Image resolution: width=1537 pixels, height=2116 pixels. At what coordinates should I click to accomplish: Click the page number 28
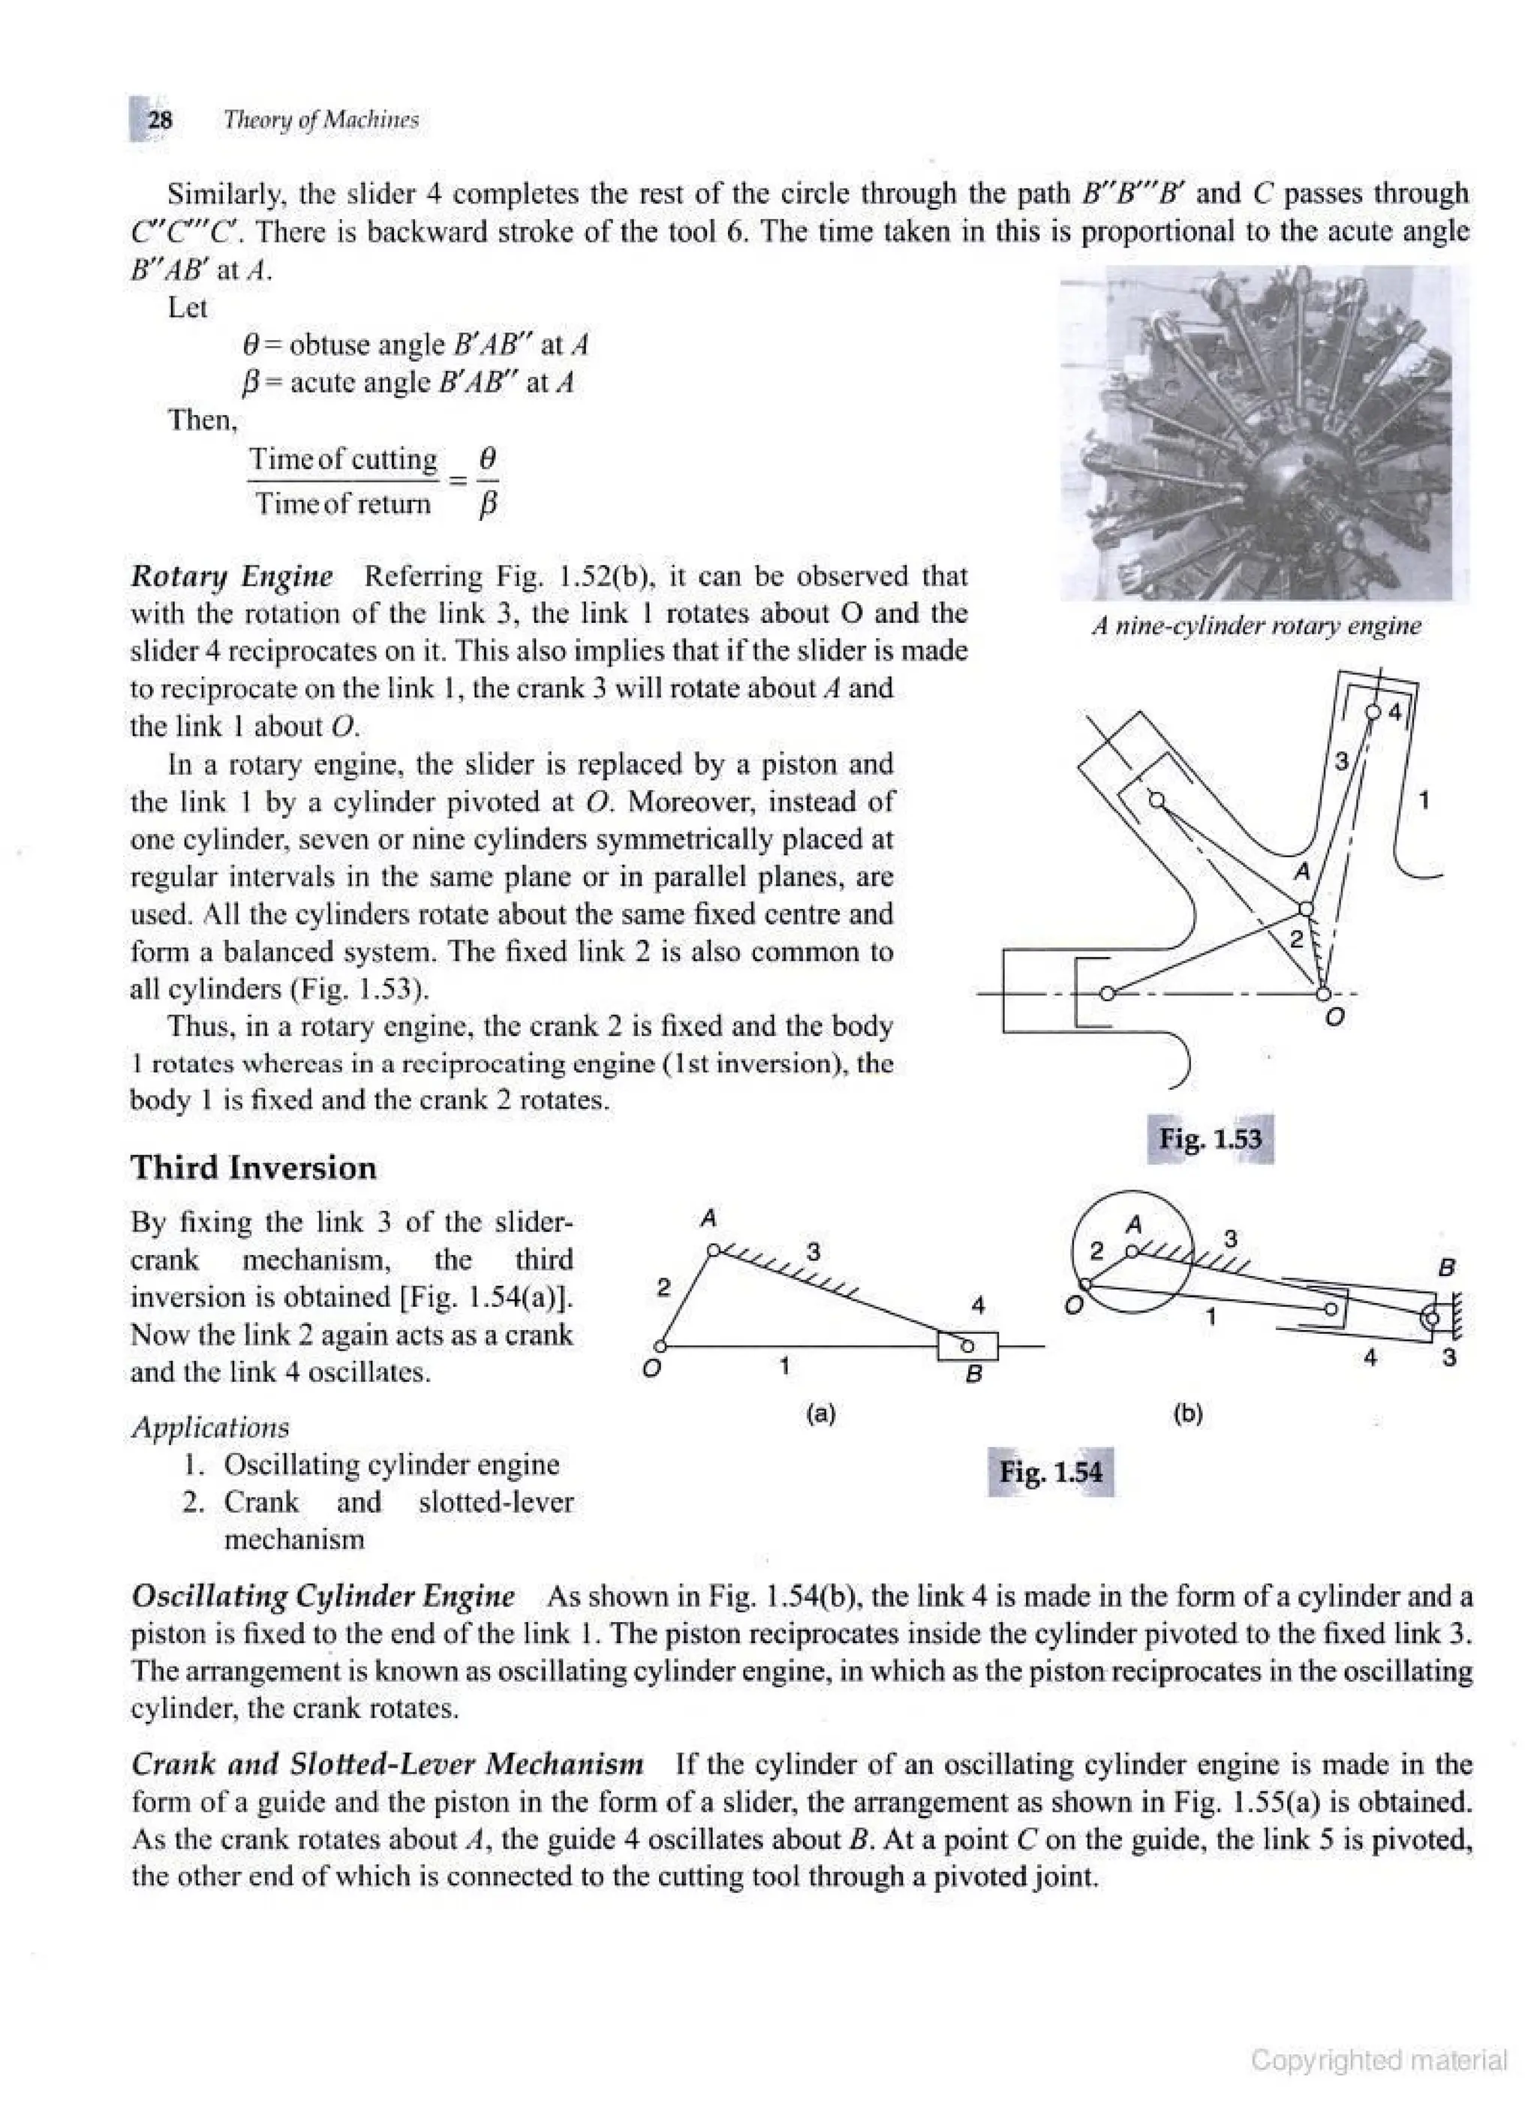tap(160, 119)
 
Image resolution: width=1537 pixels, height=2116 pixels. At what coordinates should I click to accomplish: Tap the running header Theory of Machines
tap(320, 119)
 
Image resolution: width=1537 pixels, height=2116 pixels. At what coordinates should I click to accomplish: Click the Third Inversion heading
tap(253, 1167)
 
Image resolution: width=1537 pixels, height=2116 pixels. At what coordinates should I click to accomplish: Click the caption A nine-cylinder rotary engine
tap(1256, 625)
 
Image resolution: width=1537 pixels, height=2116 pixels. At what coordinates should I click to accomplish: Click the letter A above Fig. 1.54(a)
tap(708, 1218)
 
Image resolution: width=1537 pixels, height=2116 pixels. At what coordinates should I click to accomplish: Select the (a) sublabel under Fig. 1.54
tap(821, 1413)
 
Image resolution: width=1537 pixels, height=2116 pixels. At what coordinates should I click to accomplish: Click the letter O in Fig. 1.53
tap(1334, 1016)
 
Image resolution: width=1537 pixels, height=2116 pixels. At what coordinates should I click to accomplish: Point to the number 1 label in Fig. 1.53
tap(1423, 799)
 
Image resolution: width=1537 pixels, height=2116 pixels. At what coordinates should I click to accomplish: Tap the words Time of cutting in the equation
tap(342, 459)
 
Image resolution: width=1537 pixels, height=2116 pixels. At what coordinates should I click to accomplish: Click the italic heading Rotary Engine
tap(231, 576)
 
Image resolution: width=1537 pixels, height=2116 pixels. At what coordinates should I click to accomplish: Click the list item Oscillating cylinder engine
tap(391, 1464)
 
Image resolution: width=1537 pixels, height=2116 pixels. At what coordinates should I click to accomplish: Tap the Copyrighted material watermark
tap(1379, 2060)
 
